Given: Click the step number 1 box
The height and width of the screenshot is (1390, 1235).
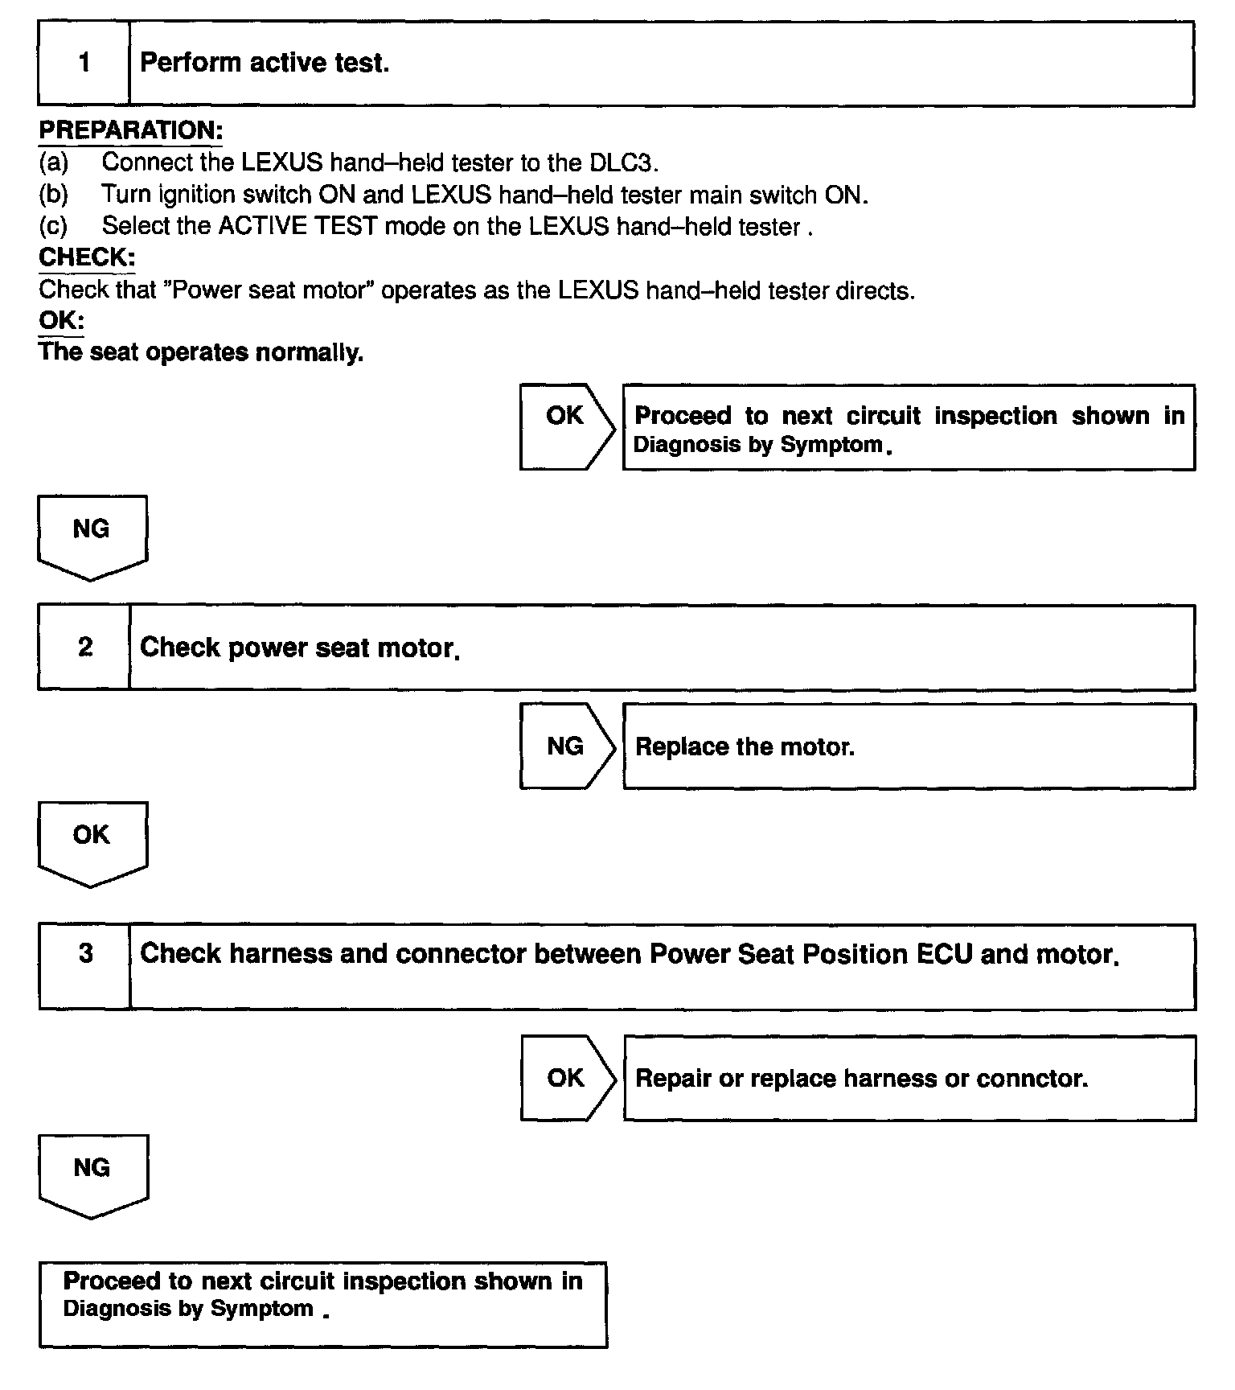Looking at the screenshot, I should [84, 64].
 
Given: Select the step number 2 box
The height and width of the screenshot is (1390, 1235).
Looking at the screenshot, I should [84, 648].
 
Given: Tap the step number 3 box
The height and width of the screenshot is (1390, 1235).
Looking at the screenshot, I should [84, 965].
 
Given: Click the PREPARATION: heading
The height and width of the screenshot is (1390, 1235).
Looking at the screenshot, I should [130, 130].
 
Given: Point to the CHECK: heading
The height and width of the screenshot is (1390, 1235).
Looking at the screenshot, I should [87, 257].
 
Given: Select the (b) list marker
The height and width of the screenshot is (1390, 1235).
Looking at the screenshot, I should [54, 195].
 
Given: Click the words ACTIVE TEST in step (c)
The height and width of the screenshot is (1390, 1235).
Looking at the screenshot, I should [297, 226].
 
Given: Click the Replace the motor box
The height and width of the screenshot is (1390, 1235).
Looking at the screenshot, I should [909, 746].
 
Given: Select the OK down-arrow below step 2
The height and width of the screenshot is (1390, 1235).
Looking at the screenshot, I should [92, 841].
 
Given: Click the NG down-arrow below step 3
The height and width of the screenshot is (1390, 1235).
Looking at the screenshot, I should [92, 1174].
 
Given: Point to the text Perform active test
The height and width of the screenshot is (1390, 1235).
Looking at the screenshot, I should [265, 63].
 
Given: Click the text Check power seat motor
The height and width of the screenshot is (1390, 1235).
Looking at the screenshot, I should [299, 648].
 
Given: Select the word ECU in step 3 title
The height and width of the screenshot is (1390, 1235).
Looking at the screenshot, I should [944, 954].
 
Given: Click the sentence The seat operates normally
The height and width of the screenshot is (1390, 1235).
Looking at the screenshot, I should [201, 352].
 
